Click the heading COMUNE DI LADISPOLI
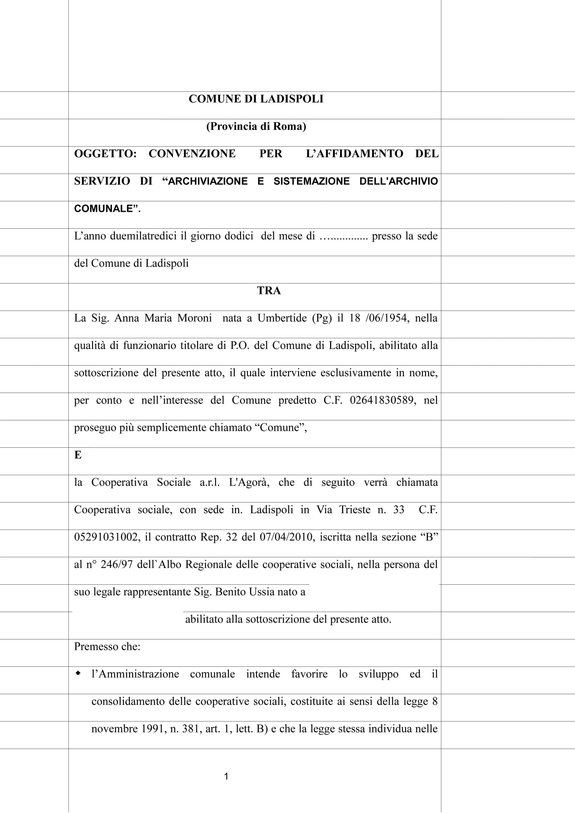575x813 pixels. [x=256, y=99]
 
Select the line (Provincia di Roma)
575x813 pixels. [x=256, y=126]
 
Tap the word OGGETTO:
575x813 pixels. [x=105, y=154]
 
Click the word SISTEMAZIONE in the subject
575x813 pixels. [x=311, y=181]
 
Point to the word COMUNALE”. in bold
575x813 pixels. [x=107, y=209]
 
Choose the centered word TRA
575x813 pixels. [x=269, y=291]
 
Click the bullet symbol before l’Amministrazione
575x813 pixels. [x=78, y=674]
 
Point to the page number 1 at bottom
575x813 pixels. [x=226, y=777]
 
